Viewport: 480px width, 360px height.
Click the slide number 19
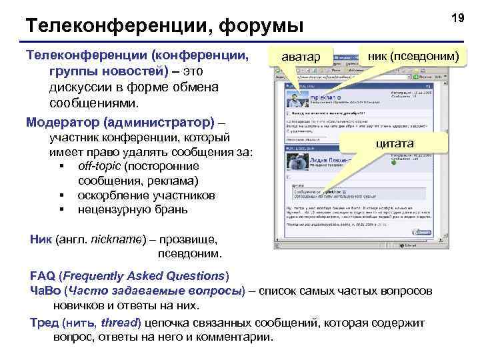click(457, 19)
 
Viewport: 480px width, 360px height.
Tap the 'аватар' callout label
click(300, 56)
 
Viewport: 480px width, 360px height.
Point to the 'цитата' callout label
click(395, 143)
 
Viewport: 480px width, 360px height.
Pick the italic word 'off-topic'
click(99, 166)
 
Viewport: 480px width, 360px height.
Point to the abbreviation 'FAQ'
click(42, 276)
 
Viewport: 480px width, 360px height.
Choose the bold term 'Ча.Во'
click(45, 291)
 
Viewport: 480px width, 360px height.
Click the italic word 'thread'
click(120, 323)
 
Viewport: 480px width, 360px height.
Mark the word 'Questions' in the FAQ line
click(197, 276)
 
